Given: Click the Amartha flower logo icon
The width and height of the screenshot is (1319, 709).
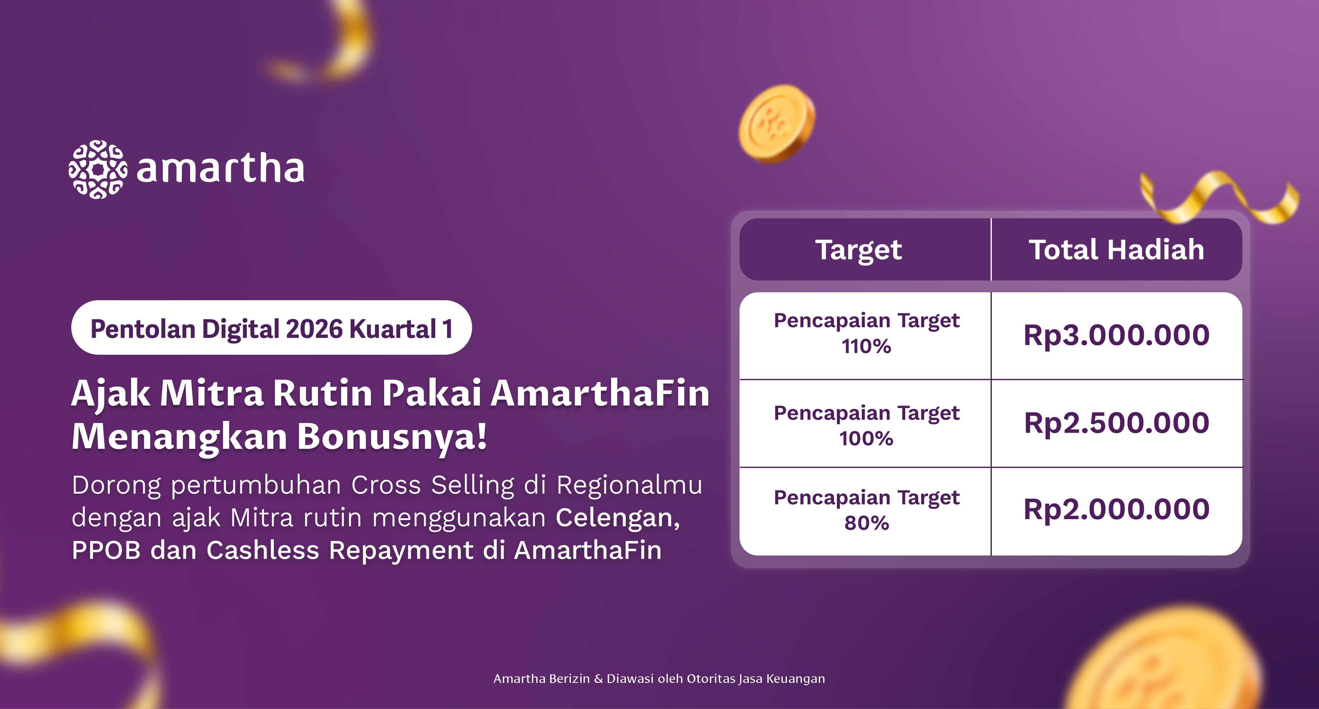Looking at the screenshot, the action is (98, 169).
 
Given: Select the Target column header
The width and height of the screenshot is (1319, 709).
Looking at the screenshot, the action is (859, 250).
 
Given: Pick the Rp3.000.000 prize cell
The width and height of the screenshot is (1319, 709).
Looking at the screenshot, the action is (1117, 335).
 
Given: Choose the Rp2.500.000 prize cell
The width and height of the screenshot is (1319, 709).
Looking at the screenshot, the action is (1117, 423).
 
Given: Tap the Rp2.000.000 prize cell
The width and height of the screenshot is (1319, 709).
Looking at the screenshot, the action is (1117, 509).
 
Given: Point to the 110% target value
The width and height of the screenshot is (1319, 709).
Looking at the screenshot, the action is (866, 346).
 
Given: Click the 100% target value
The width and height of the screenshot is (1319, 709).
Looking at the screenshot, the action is (866, 439).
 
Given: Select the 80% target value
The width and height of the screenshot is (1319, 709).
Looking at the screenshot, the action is (866, 523).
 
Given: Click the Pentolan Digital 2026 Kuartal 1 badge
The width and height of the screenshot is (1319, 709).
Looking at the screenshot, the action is (271, 328).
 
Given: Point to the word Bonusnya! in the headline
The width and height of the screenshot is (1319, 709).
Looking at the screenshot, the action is (392, 437).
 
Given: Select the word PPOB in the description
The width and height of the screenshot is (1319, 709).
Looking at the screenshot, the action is (106, 550).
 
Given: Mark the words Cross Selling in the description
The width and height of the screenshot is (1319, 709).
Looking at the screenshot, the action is (433, 485).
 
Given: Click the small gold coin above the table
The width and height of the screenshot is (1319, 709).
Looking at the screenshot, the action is (776, 124).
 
